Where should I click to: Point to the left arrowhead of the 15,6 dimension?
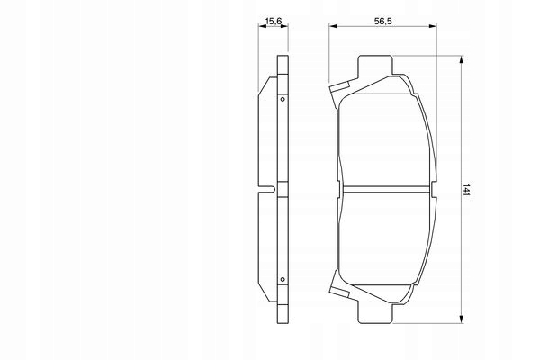(x=261, y=27)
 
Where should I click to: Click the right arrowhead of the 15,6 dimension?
(x=286, y=27)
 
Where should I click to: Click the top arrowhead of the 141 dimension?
(x=462, y=60)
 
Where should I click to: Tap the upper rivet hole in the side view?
(x=283, y=97)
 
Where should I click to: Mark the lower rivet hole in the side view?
(x=283, y=282)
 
